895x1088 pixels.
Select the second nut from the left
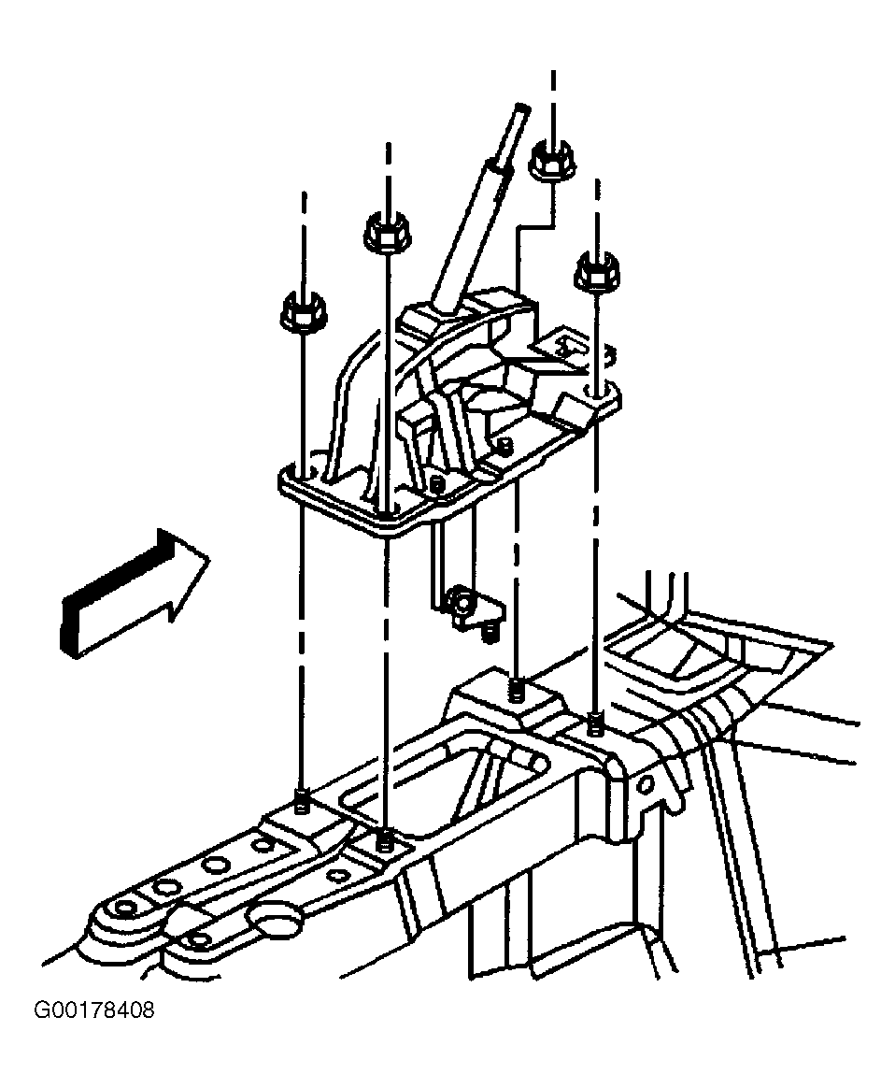(x=387, y=233)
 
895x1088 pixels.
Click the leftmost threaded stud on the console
(x=302, y=801)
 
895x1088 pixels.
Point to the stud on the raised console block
(x=516, y=691)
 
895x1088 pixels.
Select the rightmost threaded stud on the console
(x=594, y=723)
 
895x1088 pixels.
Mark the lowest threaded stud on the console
(x=383, y=841)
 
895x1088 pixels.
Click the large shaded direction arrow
(x=135, y=594)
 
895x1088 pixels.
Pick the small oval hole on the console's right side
(x=644, y=785)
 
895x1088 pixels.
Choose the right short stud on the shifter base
(x=506, y=445)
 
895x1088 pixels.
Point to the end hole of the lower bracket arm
(x=200, y=941)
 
